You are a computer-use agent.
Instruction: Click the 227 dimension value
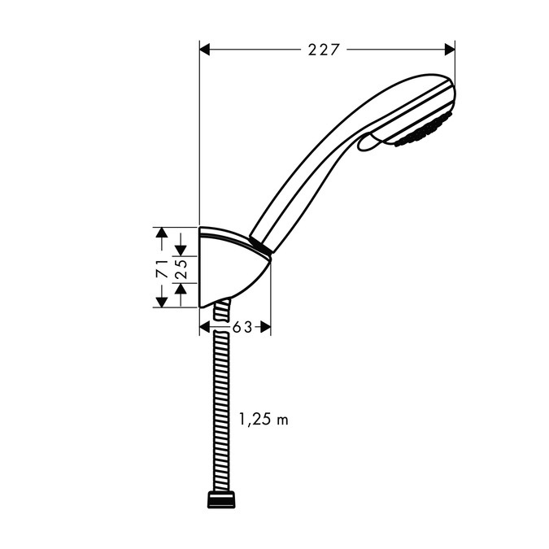tap(324, 50)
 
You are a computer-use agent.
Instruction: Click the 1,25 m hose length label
tap(263, 420)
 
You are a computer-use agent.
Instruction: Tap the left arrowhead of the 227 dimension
tap(206, 50)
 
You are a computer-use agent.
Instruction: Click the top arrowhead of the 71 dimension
tap(162, 235)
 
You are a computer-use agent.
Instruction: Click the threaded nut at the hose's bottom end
tap(220, 499)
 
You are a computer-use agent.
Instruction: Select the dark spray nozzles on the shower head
tap(422, 132)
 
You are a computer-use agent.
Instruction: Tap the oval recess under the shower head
tap(368, 142)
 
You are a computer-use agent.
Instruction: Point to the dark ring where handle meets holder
tap(259, 246)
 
